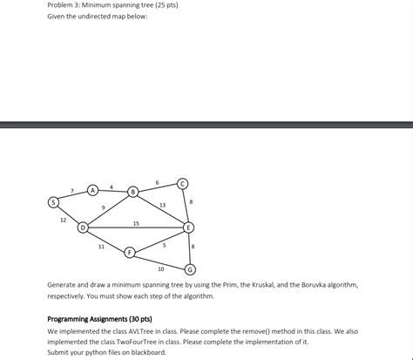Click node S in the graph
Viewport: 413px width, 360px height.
pos(54,202)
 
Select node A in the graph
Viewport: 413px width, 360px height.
pos(92,189)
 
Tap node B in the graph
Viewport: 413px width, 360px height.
pos(132,191)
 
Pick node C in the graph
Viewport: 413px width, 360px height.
pos(181,183)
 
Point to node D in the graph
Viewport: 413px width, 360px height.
pos(84,228)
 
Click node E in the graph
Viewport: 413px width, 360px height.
pos(188,228)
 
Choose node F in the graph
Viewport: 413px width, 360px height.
pos(130,252)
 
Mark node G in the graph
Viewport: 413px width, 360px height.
pos(191,268)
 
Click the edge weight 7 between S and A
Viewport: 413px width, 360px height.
pos(72,190)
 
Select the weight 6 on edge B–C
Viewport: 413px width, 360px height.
pos(157,181)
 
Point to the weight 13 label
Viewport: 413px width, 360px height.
pos(163,205)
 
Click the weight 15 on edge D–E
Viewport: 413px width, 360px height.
pos(136,223)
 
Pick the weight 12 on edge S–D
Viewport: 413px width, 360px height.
pos(63,220)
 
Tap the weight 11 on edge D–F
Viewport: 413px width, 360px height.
pos(101,247)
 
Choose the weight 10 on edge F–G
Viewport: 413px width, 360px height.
pos(160,268)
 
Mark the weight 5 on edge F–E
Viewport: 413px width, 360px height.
pos(164,245)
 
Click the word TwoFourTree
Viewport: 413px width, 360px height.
pos(125,342)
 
